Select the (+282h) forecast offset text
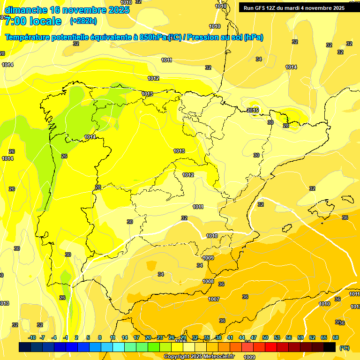(83, 21)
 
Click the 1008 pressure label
(208, 281)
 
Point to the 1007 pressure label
(214, 299)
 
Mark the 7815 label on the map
(253, 110)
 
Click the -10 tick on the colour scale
(32, 337)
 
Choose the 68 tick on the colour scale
(336, 337)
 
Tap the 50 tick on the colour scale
(265, 337)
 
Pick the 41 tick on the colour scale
(230, 337)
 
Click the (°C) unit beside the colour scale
(344, 347)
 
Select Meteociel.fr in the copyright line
(217, 357)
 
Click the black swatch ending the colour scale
(330, 347)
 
